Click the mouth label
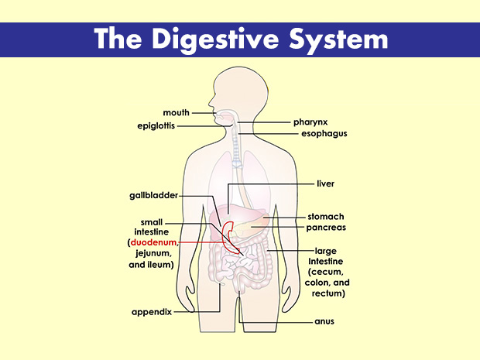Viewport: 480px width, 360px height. [176, 113]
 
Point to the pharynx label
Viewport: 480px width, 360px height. [311, 122]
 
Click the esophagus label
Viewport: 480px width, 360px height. [324, 133]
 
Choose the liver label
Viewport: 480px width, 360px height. [325, 184]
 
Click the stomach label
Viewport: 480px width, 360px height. [326, 217]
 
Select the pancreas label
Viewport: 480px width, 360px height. [326, 228]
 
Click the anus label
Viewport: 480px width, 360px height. [324, 321]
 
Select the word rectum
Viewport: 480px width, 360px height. [325, 294]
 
